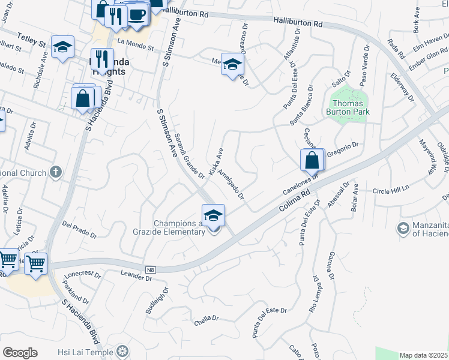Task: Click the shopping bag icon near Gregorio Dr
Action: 312,160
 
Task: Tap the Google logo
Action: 20,353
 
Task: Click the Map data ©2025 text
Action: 424,355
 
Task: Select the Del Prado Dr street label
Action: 80,228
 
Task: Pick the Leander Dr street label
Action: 136,277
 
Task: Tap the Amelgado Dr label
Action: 231,184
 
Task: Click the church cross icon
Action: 56,173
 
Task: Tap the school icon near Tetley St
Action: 62,49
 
